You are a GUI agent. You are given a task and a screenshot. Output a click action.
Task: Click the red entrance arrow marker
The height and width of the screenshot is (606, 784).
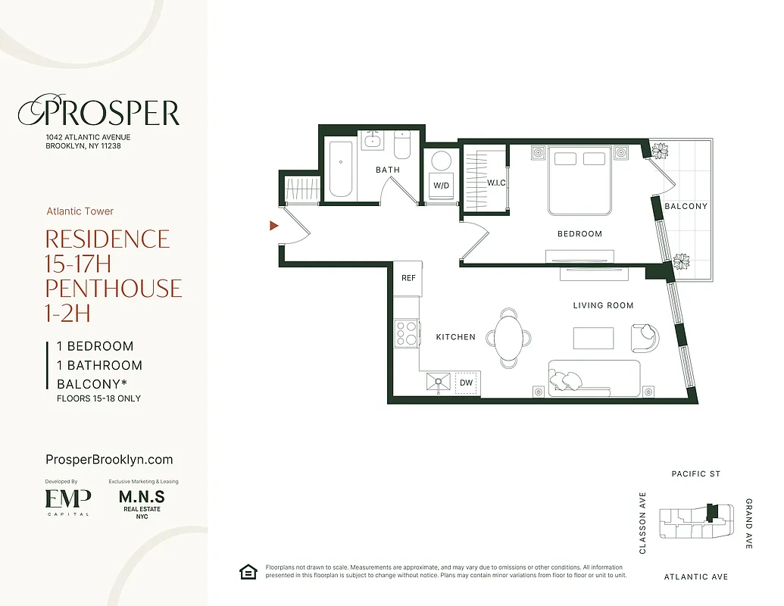pos(274,225)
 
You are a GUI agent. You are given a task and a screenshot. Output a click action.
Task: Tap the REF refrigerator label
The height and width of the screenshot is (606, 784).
pos(408,278)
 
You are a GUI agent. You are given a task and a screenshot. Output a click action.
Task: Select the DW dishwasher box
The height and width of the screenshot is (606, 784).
pos(467,383)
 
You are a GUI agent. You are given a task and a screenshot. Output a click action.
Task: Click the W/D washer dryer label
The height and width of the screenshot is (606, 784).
pos(441,185)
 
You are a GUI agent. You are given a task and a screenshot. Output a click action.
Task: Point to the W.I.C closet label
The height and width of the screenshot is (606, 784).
pos(496,183)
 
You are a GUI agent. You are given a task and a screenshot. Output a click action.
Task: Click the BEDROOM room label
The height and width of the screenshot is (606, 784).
pos(579,234)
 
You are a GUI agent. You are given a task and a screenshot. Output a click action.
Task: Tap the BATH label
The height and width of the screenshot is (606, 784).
pos(388,170)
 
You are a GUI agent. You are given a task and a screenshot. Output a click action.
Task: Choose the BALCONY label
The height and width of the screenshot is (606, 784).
pos(686,206)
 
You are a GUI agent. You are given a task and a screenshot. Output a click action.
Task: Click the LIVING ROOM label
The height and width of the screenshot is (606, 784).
pos(603,305)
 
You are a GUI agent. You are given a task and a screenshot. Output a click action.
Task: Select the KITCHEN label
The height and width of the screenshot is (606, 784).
pos(455,337)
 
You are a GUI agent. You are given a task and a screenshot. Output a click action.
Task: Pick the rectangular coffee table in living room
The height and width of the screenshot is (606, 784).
pos(593,337)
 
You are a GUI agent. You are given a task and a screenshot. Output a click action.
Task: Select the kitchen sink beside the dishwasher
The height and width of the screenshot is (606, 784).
pos(439,383)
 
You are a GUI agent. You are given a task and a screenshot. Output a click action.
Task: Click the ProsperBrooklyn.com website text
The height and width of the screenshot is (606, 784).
pos(109,460)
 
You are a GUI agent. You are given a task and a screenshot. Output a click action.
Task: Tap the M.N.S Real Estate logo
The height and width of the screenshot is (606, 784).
pos(142,503)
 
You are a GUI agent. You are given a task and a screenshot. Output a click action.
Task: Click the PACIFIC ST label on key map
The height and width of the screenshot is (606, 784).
pos(696,474)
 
